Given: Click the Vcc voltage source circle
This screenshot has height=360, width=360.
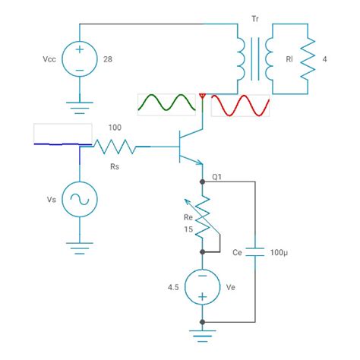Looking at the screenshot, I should pos(80,58).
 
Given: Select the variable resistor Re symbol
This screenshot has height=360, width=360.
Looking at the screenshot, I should pos(203,216).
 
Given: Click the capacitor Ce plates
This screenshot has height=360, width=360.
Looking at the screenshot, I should pos(254,251).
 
